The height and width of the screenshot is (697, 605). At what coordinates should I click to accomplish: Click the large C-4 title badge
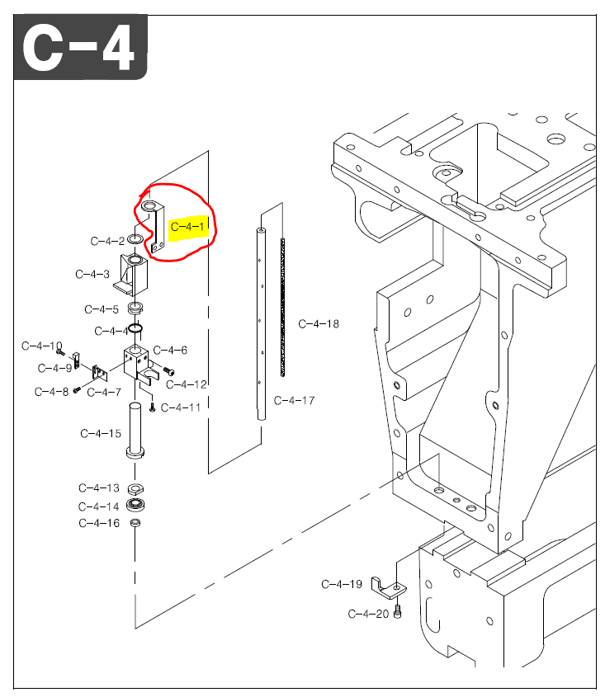coord(80,49)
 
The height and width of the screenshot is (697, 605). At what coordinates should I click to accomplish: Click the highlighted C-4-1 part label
coord(189,225)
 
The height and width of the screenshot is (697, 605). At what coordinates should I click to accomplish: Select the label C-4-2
coord(107,241)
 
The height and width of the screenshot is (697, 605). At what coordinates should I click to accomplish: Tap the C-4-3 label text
coord(92,274)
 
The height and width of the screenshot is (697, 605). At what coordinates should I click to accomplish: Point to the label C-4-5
coord(102,309)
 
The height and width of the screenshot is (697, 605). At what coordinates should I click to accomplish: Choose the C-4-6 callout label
coord(170,351)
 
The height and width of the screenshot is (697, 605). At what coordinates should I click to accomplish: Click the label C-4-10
coord(42,346)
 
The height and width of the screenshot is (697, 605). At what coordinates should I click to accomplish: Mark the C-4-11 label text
coord(181,407)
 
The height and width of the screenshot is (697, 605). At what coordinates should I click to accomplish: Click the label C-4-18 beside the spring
coord(319,324)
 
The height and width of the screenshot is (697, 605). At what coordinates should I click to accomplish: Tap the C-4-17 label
coord(295,401)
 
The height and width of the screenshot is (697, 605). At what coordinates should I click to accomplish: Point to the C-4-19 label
coord(342,584)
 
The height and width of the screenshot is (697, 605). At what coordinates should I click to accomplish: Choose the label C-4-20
coord(368,614)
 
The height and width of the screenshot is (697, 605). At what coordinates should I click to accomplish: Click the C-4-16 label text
coord(99,523)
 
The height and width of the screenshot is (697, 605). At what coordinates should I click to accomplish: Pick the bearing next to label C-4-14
coord(135,505)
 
